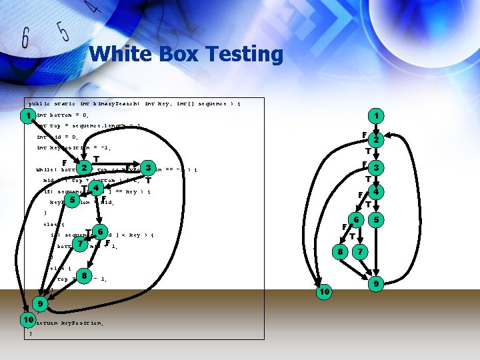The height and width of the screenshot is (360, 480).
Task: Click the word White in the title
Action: pos(121,54)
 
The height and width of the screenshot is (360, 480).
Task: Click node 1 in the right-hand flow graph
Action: pos(377,116)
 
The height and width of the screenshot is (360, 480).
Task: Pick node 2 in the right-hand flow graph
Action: pos(377,141)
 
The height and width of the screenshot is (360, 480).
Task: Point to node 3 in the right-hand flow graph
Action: pos(377,167)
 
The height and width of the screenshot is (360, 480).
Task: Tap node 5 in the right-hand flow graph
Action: pos(377,219)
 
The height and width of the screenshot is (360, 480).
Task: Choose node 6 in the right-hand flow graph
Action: pos(357,219)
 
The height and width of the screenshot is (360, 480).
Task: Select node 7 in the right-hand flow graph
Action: pos(360,252)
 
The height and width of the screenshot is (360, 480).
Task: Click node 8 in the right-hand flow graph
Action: pos(340,252)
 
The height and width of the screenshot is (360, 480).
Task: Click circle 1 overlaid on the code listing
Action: pos(27,117)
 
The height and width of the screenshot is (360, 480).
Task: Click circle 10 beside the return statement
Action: pos(28,321)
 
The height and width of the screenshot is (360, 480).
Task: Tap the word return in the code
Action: pos(47,323)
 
